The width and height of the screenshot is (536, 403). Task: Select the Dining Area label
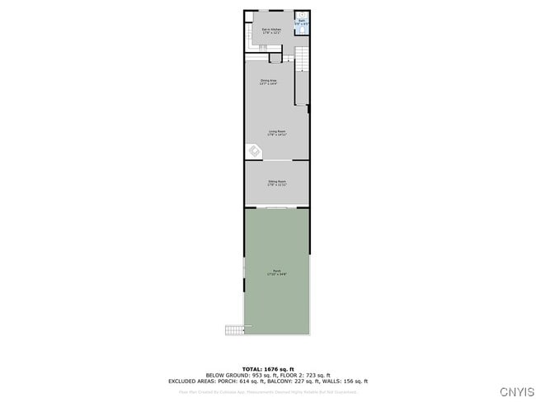click(268, 82)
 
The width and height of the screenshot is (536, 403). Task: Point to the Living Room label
click(276, 133)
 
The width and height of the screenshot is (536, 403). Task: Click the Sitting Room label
click(276, 183)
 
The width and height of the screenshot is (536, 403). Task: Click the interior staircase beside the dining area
click(302, 60)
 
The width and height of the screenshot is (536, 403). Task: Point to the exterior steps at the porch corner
click(235, 330)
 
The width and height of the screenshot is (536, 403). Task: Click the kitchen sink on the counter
click(247, 33)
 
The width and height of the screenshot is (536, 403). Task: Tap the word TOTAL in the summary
click(252, 368)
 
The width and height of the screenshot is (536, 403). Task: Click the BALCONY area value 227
click(313, 382)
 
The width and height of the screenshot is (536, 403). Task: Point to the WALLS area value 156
click(352, 382)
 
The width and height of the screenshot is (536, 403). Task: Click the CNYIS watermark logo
click(516, 391)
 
